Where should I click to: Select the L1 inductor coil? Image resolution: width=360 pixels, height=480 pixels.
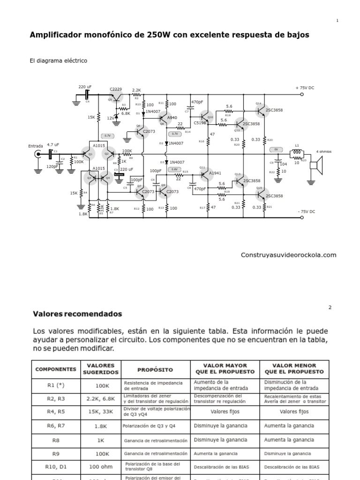pyautogui.click(x=297, y=152)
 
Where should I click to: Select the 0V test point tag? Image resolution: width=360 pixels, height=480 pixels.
pyautogui.click(x=276, y=149)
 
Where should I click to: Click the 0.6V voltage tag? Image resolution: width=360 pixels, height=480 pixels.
pyautogui.click(x=174, y=169)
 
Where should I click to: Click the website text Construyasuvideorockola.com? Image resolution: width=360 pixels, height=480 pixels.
pyautogui.click(x=288, y=255)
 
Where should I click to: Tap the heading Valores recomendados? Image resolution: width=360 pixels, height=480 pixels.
pyautogui.click(x=77, y=314)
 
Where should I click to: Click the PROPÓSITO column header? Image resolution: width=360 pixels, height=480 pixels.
pyautogui.click(x=155, y=369)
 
